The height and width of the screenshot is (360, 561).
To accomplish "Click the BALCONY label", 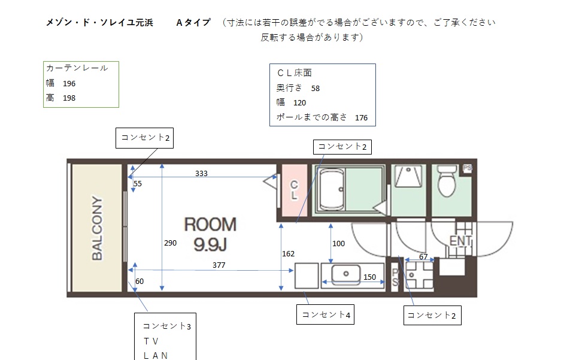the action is coord(97,228).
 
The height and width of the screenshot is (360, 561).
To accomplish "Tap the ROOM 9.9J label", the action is coord(210,234).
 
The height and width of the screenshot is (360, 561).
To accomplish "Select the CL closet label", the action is coord(294,190).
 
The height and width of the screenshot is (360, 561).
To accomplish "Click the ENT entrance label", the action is coord(460,240).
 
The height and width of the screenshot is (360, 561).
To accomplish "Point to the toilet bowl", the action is coord(447,181).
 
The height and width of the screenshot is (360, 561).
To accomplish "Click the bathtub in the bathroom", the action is coord(332,190).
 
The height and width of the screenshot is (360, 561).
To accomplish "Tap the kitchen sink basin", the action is coord(346,274).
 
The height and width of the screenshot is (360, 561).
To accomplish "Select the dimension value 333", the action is coord(201,173).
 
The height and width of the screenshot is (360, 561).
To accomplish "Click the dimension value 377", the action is coord(219,265).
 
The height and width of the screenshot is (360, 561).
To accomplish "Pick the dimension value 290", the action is coord(170,243).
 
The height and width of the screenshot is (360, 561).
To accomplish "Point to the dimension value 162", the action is coord(289,254).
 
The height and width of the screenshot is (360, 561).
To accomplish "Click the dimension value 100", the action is coord(338,244).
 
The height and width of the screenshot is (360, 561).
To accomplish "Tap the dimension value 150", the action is coord(369,277).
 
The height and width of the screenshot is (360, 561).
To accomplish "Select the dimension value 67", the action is coord(423,256).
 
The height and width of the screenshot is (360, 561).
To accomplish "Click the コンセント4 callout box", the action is coord(325,314).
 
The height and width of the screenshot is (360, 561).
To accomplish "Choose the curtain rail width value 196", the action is coord(69,84).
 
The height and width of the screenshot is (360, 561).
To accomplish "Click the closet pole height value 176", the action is coord(362,118).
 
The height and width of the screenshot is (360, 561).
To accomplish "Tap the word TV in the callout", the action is coord(151,341).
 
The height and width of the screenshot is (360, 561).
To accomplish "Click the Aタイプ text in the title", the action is coord(193,23).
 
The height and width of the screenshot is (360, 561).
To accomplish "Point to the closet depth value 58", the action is coord(315,89).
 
